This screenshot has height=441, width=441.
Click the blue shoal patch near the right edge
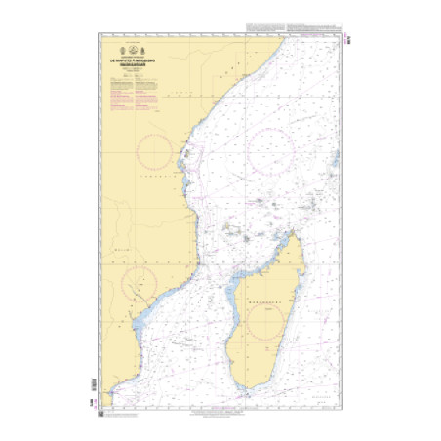[x=333, y=162]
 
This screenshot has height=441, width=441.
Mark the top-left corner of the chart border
[x=100, y=35]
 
